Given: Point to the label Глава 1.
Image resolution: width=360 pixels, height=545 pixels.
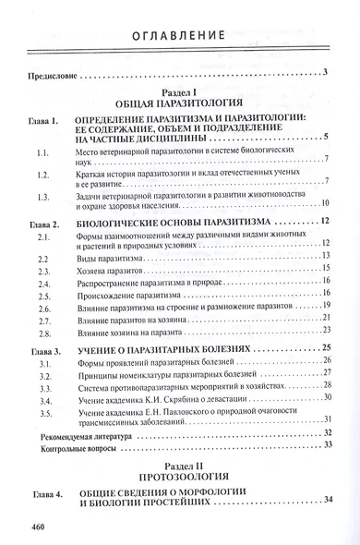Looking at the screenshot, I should [43, 122].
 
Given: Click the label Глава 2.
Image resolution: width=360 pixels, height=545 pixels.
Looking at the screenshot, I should [43, 223].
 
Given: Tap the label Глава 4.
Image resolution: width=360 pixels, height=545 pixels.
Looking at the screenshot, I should [43, 495].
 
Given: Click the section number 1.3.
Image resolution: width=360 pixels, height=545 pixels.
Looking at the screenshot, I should [38, 197].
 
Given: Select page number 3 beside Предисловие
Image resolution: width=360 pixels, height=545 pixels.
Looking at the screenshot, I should [327, 73].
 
